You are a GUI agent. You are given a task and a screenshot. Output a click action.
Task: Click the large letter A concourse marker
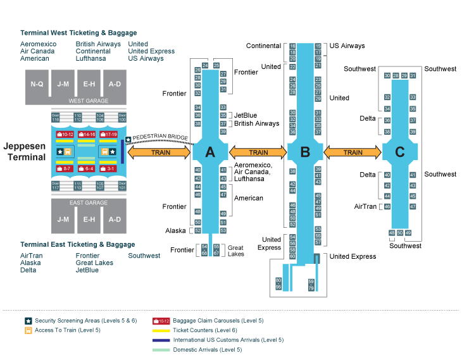[x=209, y=152]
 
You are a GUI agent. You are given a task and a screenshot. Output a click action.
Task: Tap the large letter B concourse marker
[x=305, y=152]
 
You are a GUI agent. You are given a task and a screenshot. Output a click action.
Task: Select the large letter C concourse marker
[x=399, y=152]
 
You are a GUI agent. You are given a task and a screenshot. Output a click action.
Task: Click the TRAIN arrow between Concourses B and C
[x=353, y=152]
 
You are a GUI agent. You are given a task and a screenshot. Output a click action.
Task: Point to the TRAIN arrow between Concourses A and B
[x=258, y=152]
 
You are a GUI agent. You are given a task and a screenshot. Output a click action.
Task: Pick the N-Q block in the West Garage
[x=37, y=84]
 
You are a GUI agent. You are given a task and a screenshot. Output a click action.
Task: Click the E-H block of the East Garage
[x=89, y=220]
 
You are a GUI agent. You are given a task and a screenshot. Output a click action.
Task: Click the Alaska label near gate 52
[x=175, y=231]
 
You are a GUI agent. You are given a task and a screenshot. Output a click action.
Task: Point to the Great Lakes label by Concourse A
[x=236, y=251]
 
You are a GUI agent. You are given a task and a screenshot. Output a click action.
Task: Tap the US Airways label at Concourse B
[x=347, y=46]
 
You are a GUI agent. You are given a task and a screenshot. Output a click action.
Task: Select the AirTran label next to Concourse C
[x=366, y=206]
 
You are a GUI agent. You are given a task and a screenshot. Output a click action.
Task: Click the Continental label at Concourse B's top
[x=263, y=46]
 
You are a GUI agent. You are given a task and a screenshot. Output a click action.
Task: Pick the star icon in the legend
[x=28, y=321]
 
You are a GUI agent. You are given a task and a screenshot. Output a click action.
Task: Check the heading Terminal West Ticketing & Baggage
[x=78, y=33]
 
